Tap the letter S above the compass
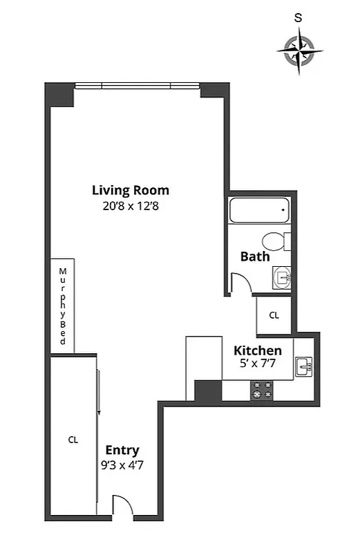(x=298, y=19)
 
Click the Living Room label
(x=131, y=190)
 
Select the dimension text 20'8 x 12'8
(x=131, y=205)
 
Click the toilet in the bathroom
(x=277, y=242)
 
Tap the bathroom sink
(x=282, y=276)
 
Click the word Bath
(x=254, y=256)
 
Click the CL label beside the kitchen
(x=274, y=315)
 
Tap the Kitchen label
(x=257, y=350)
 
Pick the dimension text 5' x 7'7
(x=257, y=365)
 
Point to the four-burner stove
(x=263, y=391)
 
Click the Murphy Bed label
(x=62, y=306)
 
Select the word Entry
(x=122, y=451)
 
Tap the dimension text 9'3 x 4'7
(x=122, y=465)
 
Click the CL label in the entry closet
(x=73, y=439)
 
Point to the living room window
(x=137, y=86)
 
